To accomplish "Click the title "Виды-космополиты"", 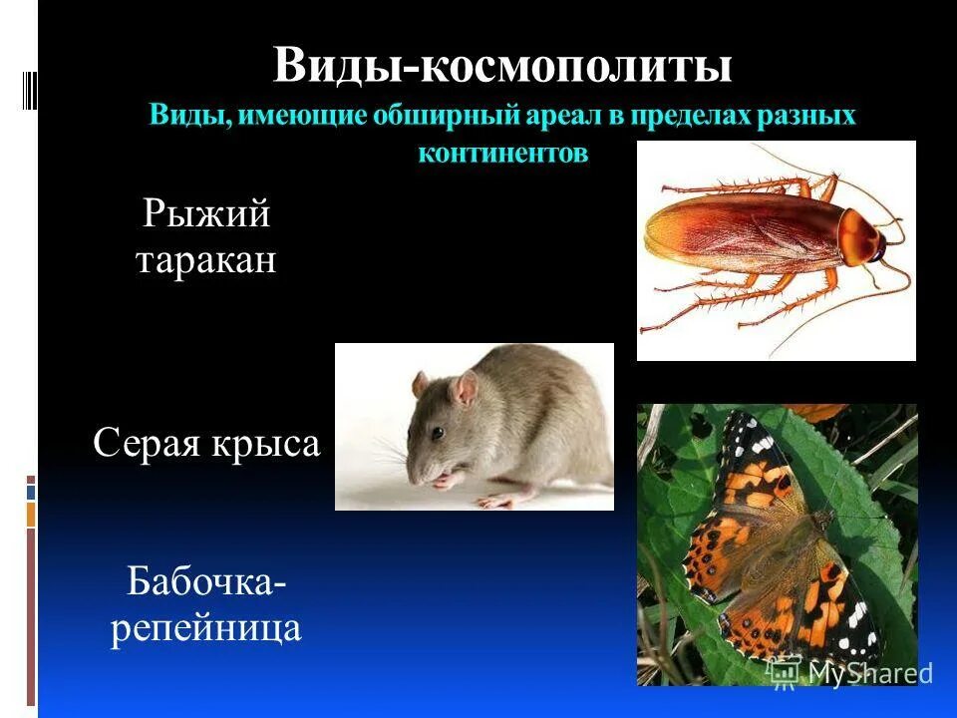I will [x=502, y=66].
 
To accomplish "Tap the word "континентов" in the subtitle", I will [x=502, y=154].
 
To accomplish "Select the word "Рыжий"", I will [x=206, y=213].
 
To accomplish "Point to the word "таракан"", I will [x=206, y=261].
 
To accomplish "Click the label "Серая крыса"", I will [x=206, y=444].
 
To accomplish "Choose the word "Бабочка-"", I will [x=206, y=582].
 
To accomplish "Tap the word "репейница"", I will [x=206, y=629].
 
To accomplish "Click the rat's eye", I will [x=438, y=433].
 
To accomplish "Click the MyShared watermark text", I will [x=868, y=673].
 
